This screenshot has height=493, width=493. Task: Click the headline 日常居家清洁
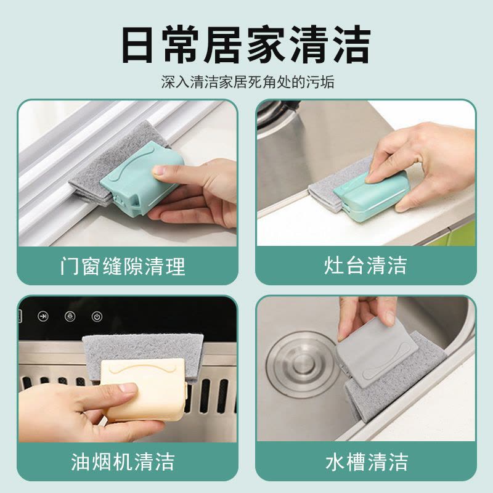tap(246, 44)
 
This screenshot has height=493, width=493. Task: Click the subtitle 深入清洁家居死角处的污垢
tap(247, 83)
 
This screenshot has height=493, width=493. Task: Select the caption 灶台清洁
tap(365, 266)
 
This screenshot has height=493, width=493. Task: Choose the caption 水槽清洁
tap(366, 462)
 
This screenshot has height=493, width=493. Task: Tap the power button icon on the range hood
tap(96, 317)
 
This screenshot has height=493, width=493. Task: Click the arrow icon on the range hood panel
tap(44, 317)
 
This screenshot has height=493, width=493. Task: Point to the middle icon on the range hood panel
tap(70, 317)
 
